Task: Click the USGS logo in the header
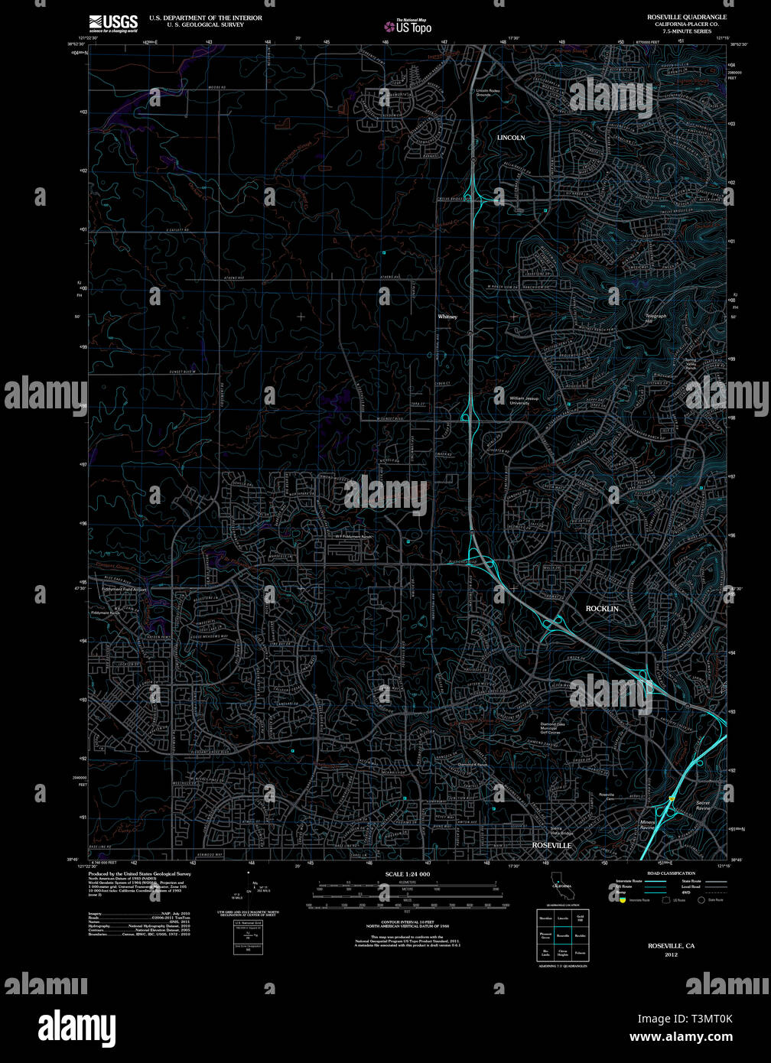click(x=112, y=22)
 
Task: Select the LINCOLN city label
click(x=511, y=138)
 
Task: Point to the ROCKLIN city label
click(x=602, y=609)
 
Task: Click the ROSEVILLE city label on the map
click(x=551, y=845)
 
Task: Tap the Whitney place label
click(x=447, y=317)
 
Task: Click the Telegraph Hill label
click(x=656, y=318)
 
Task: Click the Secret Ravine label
click(x=703, y=805)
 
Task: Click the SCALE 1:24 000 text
click(x=408, y=874)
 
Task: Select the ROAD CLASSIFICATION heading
click(x=671, y=873)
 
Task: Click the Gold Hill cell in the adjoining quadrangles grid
click(x=580, y=917)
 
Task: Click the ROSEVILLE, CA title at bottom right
click(x=671, y=946)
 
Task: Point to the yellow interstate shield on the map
click(x=671, y=798)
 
